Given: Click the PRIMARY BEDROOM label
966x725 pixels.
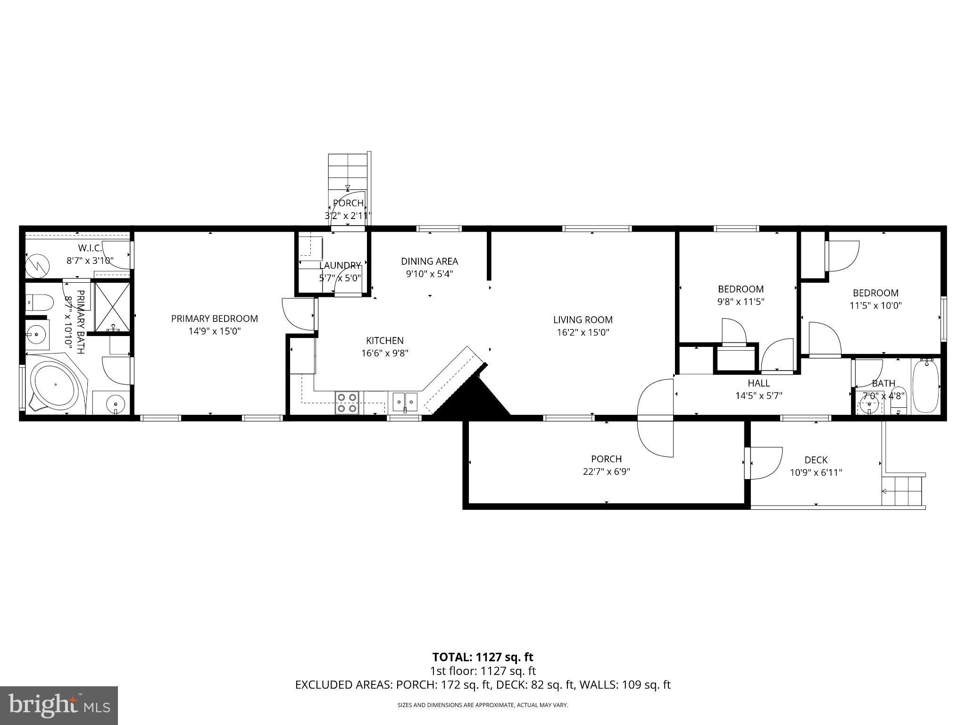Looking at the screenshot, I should pyautogui.click(x=214, y=319).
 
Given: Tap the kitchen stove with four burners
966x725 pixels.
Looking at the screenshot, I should pyautogui.click(x=347, y=403).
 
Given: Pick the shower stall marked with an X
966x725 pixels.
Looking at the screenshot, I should pyautogui.click(x=112, y=307).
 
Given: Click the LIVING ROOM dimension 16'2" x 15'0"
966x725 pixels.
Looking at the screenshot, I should pyautogui.click(x=583, y=332).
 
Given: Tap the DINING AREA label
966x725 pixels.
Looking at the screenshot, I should pyautogui.click(x=429, y=261).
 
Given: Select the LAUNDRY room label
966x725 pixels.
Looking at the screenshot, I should pyautogui.click(x=340, y=265).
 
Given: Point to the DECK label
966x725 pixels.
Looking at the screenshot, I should pyautogui.click(x=816, y=460).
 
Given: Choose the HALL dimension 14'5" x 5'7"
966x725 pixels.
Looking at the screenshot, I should pyautogui.click(x=758, y=396).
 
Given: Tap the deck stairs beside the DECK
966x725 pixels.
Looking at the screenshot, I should pyautogui.click(x=902, y=491).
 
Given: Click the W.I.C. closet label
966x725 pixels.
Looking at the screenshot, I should pyautogui.click(x=89, y=248).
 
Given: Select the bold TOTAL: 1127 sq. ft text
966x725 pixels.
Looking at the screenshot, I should pyautogui.click(x=483, y=657).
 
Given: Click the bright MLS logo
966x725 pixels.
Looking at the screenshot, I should pyautogui.click(x=59, y=706).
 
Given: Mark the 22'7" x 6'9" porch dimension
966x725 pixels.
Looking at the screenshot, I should pyautogui.click(x=606, y=472).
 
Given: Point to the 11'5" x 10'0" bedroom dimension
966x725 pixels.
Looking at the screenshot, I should pyautogui.click(x=875, y=305).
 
